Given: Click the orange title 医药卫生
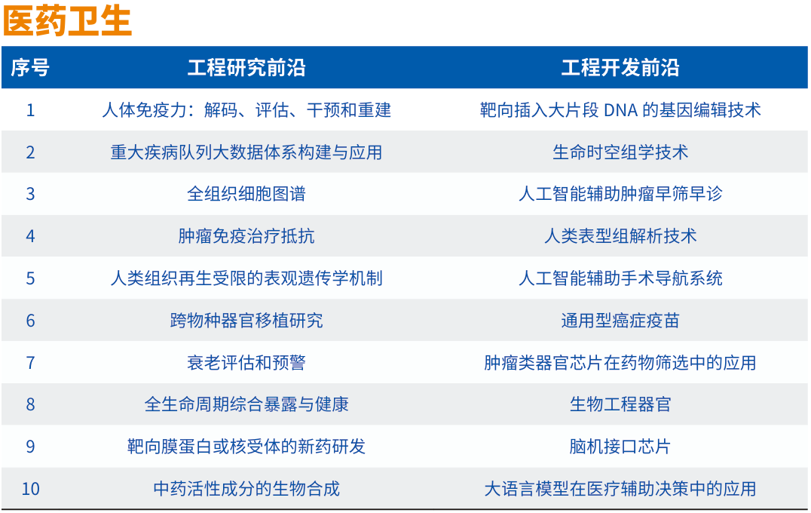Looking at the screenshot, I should tap(67, 21).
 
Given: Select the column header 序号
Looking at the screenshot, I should tap(30, 68).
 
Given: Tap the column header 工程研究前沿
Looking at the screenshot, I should tap(246, 68).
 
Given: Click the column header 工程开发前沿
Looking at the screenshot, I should tap(620, 68).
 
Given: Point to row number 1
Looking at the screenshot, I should tap(30, 110).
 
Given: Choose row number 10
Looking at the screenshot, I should tap(30, 489).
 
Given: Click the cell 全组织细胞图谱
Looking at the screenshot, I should tap(246, 194).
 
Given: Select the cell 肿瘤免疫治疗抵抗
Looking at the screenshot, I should tap(246, 236).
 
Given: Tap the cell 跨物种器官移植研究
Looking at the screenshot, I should tap(246, 321).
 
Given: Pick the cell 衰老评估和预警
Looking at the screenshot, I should tap(246, 363).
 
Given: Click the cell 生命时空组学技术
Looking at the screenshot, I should tap(620, 152).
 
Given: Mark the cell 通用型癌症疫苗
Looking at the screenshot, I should tap(620, 321).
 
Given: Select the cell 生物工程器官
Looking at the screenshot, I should tap(620, 404).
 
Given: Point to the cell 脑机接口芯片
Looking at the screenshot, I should tap(620, 447).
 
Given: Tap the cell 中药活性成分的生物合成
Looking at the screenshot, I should tap(246, 489).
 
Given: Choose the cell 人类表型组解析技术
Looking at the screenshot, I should tap(620, 236).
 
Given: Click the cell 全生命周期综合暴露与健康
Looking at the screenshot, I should tap(246, 404).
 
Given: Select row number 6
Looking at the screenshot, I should tap(30, 321).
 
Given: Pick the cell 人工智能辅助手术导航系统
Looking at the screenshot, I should tap(620, 278).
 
